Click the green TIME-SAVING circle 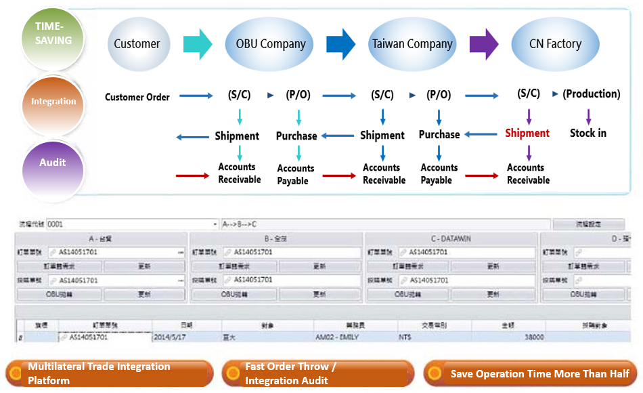pos(53,34)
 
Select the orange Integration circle pos(53,101)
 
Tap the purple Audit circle pos(53,163)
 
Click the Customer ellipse pos(137,44)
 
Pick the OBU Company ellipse pos(270,44)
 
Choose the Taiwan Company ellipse pos(412,44)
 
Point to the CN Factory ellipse pos(555,44)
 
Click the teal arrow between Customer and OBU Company pos(197,44)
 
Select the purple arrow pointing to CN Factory pos(483,44)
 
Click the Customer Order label pos(137,97)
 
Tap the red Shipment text pos(527,133)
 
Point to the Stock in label pos(588,133)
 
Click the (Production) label pos(591,94)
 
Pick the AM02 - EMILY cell pos(336,337)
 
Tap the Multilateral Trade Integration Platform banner pos(108,373)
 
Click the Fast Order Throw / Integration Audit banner pos(318,373)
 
